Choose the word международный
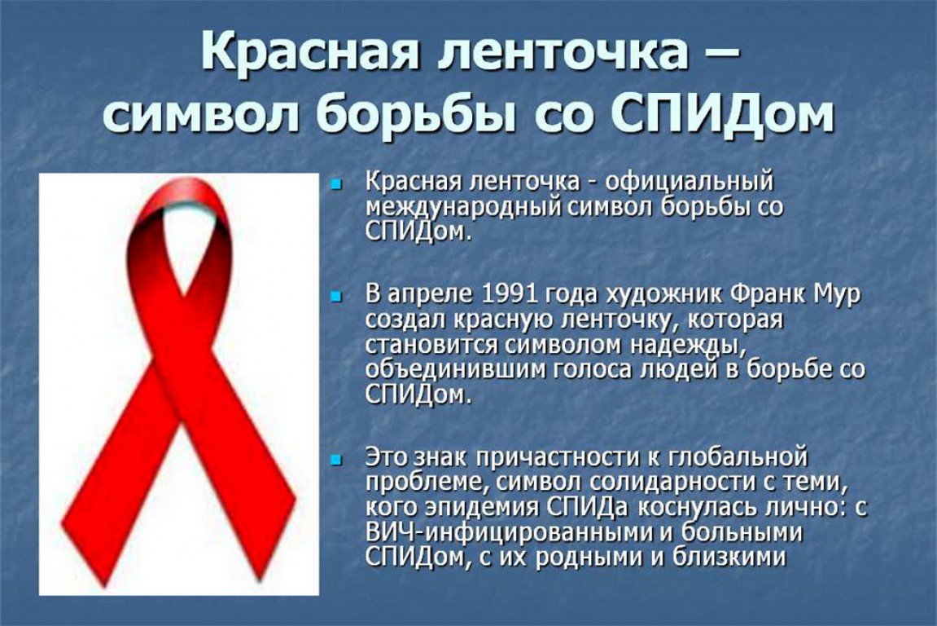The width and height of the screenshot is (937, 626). click(x=464, y=208)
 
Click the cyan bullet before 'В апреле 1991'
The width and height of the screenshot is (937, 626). click(x=336, y=295)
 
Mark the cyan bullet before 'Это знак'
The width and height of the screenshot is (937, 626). click(x=336, y=459)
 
